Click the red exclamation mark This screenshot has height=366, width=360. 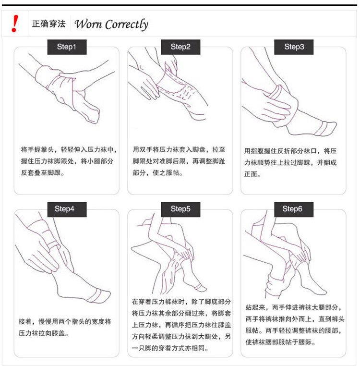tap(15, 24)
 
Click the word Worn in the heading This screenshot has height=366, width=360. tap(88, 24)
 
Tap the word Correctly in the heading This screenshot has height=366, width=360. tap(127, 25)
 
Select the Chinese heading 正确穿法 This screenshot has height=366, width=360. tap(49, 24)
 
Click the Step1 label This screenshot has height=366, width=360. tap(67, 47)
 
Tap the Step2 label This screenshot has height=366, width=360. tap(180, 47)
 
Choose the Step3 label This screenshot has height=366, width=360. tap(294, 47)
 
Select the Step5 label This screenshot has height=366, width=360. tap(180, 209)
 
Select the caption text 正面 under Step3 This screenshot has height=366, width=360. tap(251, 174)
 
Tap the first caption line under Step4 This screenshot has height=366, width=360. tap(65, 321)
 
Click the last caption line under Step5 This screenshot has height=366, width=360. tap(170, 348)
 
